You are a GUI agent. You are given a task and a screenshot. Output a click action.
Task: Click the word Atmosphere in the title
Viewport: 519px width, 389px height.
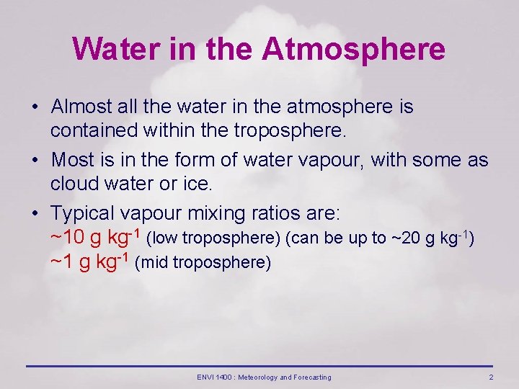353,50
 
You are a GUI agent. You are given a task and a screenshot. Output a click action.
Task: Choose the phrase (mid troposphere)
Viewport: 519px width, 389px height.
203,262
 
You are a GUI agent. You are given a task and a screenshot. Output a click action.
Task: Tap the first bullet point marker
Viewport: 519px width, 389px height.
35,107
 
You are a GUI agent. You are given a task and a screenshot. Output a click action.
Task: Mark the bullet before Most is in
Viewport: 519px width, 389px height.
35,159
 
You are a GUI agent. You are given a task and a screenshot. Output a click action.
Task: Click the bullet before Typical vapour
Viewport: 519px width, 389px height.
35,214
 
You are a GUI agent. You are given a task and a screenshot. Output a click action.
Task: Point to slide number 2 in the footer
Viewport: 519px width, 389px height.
491,377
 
